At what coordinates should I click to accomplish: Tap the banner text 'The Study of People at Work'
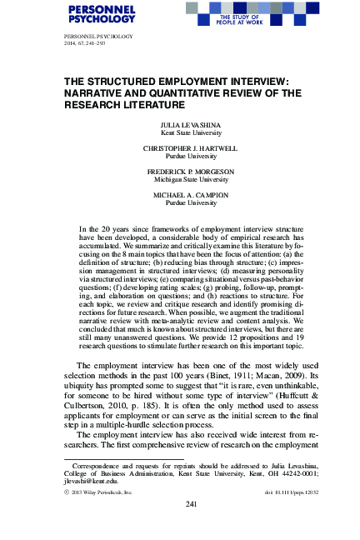point(238,19)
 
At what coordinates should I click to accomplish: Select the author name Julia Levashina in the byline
point(179,125)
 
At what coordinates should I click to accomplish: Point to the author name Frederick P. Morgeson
point(179,172)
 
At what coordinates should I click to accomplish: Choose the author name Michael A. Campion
point(179,196)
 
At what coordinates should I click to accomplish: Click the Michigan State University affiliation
point(179,180)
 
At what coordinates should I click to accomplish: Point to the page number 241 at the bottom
point(179,504)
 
